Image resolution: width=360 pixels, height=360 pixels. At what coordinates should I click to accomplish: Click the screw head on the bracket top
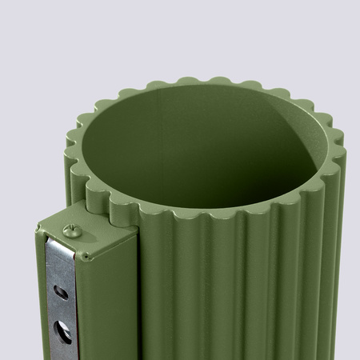[71, 232]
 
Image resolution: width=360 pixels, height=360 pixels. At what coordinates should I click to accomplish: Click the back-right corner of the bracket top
[132, 229]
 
